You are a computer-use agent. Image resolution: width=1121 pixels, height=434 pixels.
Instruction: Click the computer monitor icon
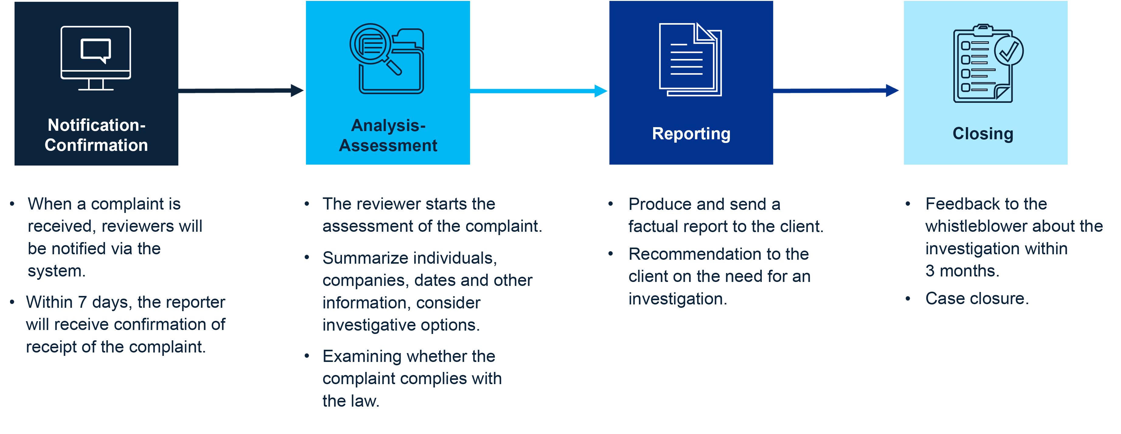(96, 57)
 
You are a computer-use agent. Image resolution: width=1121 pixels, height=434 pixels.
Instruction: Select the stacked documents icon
(690, 59)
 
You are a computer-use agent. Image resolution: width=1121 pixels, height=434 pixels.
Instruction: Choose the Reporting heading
(691, 134)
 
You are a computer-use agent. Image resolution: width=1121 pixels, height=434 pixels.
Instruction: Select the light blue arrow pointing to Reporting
(538, 91)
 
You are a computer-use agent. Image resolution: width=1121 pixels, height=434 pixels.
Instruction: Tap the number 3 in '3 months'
(930, 271)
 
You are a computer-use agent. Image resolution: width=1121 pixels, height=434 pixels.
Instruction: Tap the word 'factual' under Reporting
(653, 227)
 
